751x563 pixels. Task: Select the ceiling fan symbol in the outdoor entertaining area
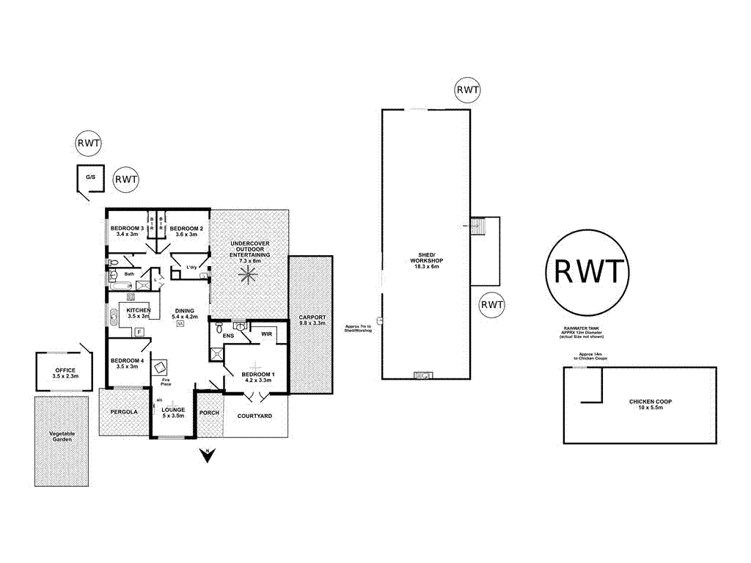(249, 274)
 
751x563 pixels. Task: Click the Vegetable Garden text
(62, 437)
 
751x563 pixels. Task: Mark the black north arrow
(208, 455)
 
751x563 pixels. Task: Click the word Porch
(210, 413)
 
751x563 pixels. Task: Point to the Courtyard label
(254, 416)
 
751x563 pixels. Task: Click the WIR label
(265, 334)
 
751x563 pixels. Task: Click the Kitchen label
(138, 312)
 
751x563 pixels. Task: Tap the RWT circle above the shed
(467, 90)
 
